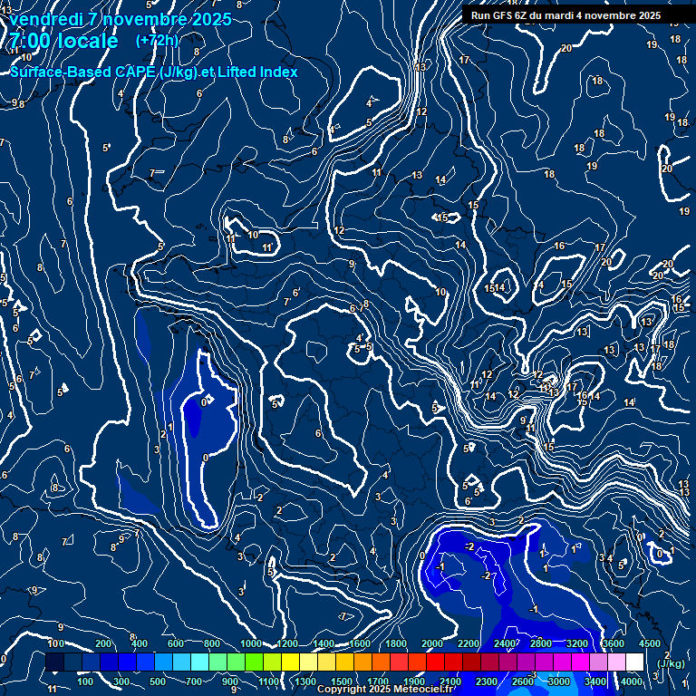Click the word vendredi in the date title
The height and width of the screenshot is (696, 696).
46,19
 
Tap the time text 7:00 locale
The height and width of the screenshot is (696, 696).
64,41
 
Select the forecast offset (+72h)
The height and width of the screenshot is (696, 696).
157,40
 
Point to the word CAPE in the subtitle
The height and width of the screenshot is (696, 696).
134,72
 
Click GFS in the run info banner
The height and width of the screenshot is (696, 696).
503,15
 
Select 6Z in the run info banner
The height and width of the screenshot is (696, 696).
526,15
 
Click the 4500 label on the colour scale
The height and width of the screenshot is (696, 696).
649,643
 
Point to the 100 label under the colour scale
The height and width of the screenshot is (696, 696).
85,681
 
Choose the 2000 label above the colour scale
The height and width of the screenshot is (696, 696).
432,643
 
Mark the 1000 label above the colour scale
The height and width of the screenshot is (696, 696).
251,643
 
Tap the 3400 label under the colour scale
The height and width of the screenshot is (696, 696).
595,681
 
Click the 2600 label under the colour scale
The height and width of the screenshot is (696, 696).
523,681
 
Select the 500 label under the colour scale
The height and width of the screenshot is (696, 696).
158,681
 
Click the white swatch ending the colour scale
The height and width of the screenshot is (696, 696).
634,662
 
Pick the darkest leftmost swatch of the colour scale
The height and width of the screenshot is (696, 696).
54,662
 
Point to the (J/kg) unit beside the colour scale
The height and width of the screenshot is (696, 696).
671,663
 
